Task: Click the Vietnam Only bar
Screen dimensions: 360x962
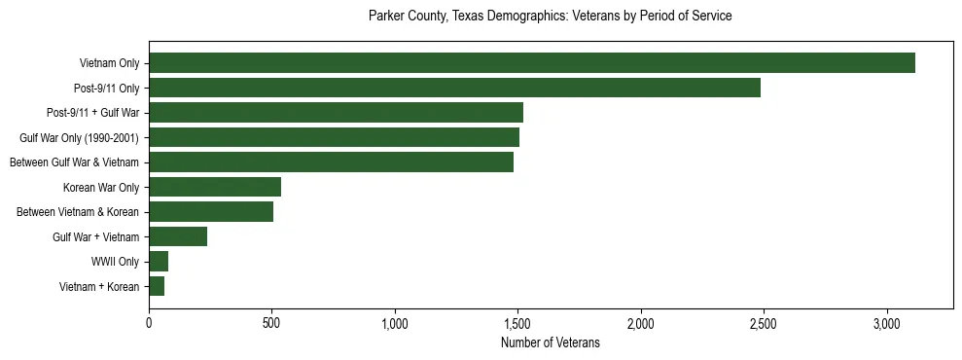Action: (531, 63)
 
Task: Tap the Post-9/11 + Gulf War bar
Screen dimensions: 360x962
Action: (336, 113)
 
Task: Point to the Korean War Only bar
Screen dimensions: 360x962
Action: (215, 187)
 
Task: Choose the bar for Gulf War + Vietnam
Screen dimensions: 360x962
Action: (178, 236)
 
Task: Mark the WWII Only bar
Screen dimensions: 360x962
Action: (159, 262)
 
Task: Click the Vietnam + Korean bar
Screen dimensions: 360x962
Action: (157, 286)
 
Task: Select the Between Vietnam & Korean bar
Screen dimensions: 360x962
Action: (211, 212)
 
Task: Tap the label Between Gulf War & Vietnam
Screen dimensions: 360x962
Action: (74, 162)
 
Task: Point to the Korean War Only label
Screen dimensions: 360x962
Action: (101, 187)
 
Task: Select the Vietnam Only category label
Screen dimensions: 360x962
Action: (109, 63)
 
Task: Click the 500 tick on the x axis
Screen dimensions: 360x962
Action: (271, 323)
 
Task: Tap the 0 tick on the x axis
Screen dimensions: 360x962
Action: (149, 323)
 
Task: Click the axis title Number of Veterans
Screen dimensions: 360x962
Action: (550, 342)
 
